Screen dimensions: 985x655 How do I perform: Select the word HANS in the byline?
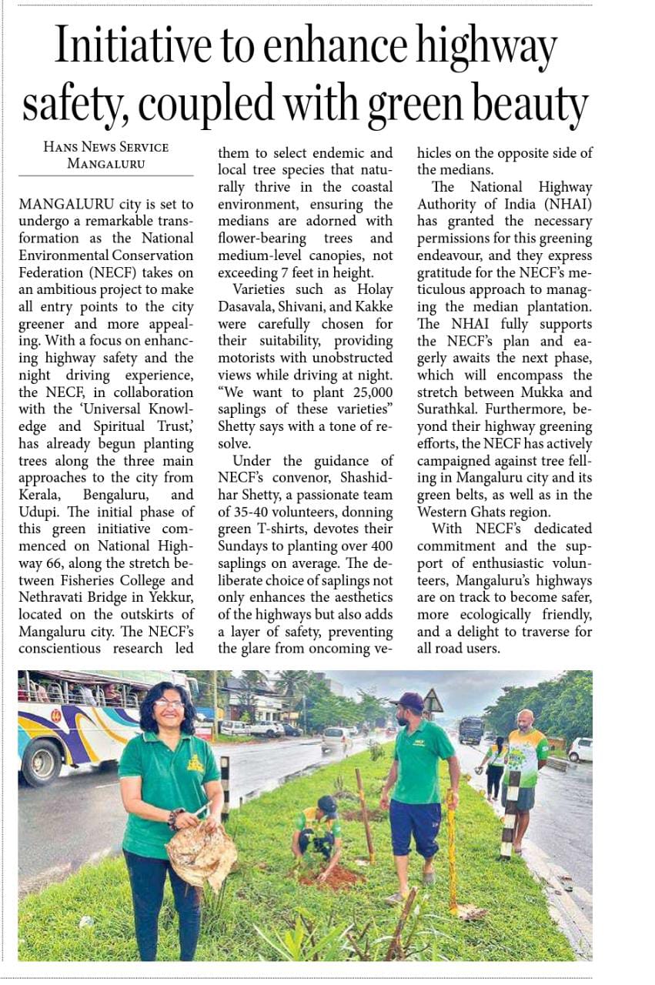[62, 147]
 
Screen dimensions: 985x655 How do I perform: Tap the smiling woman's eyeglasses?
[169, 703]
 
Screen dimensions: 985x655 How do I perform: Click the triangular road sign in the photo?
[433, 701]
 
